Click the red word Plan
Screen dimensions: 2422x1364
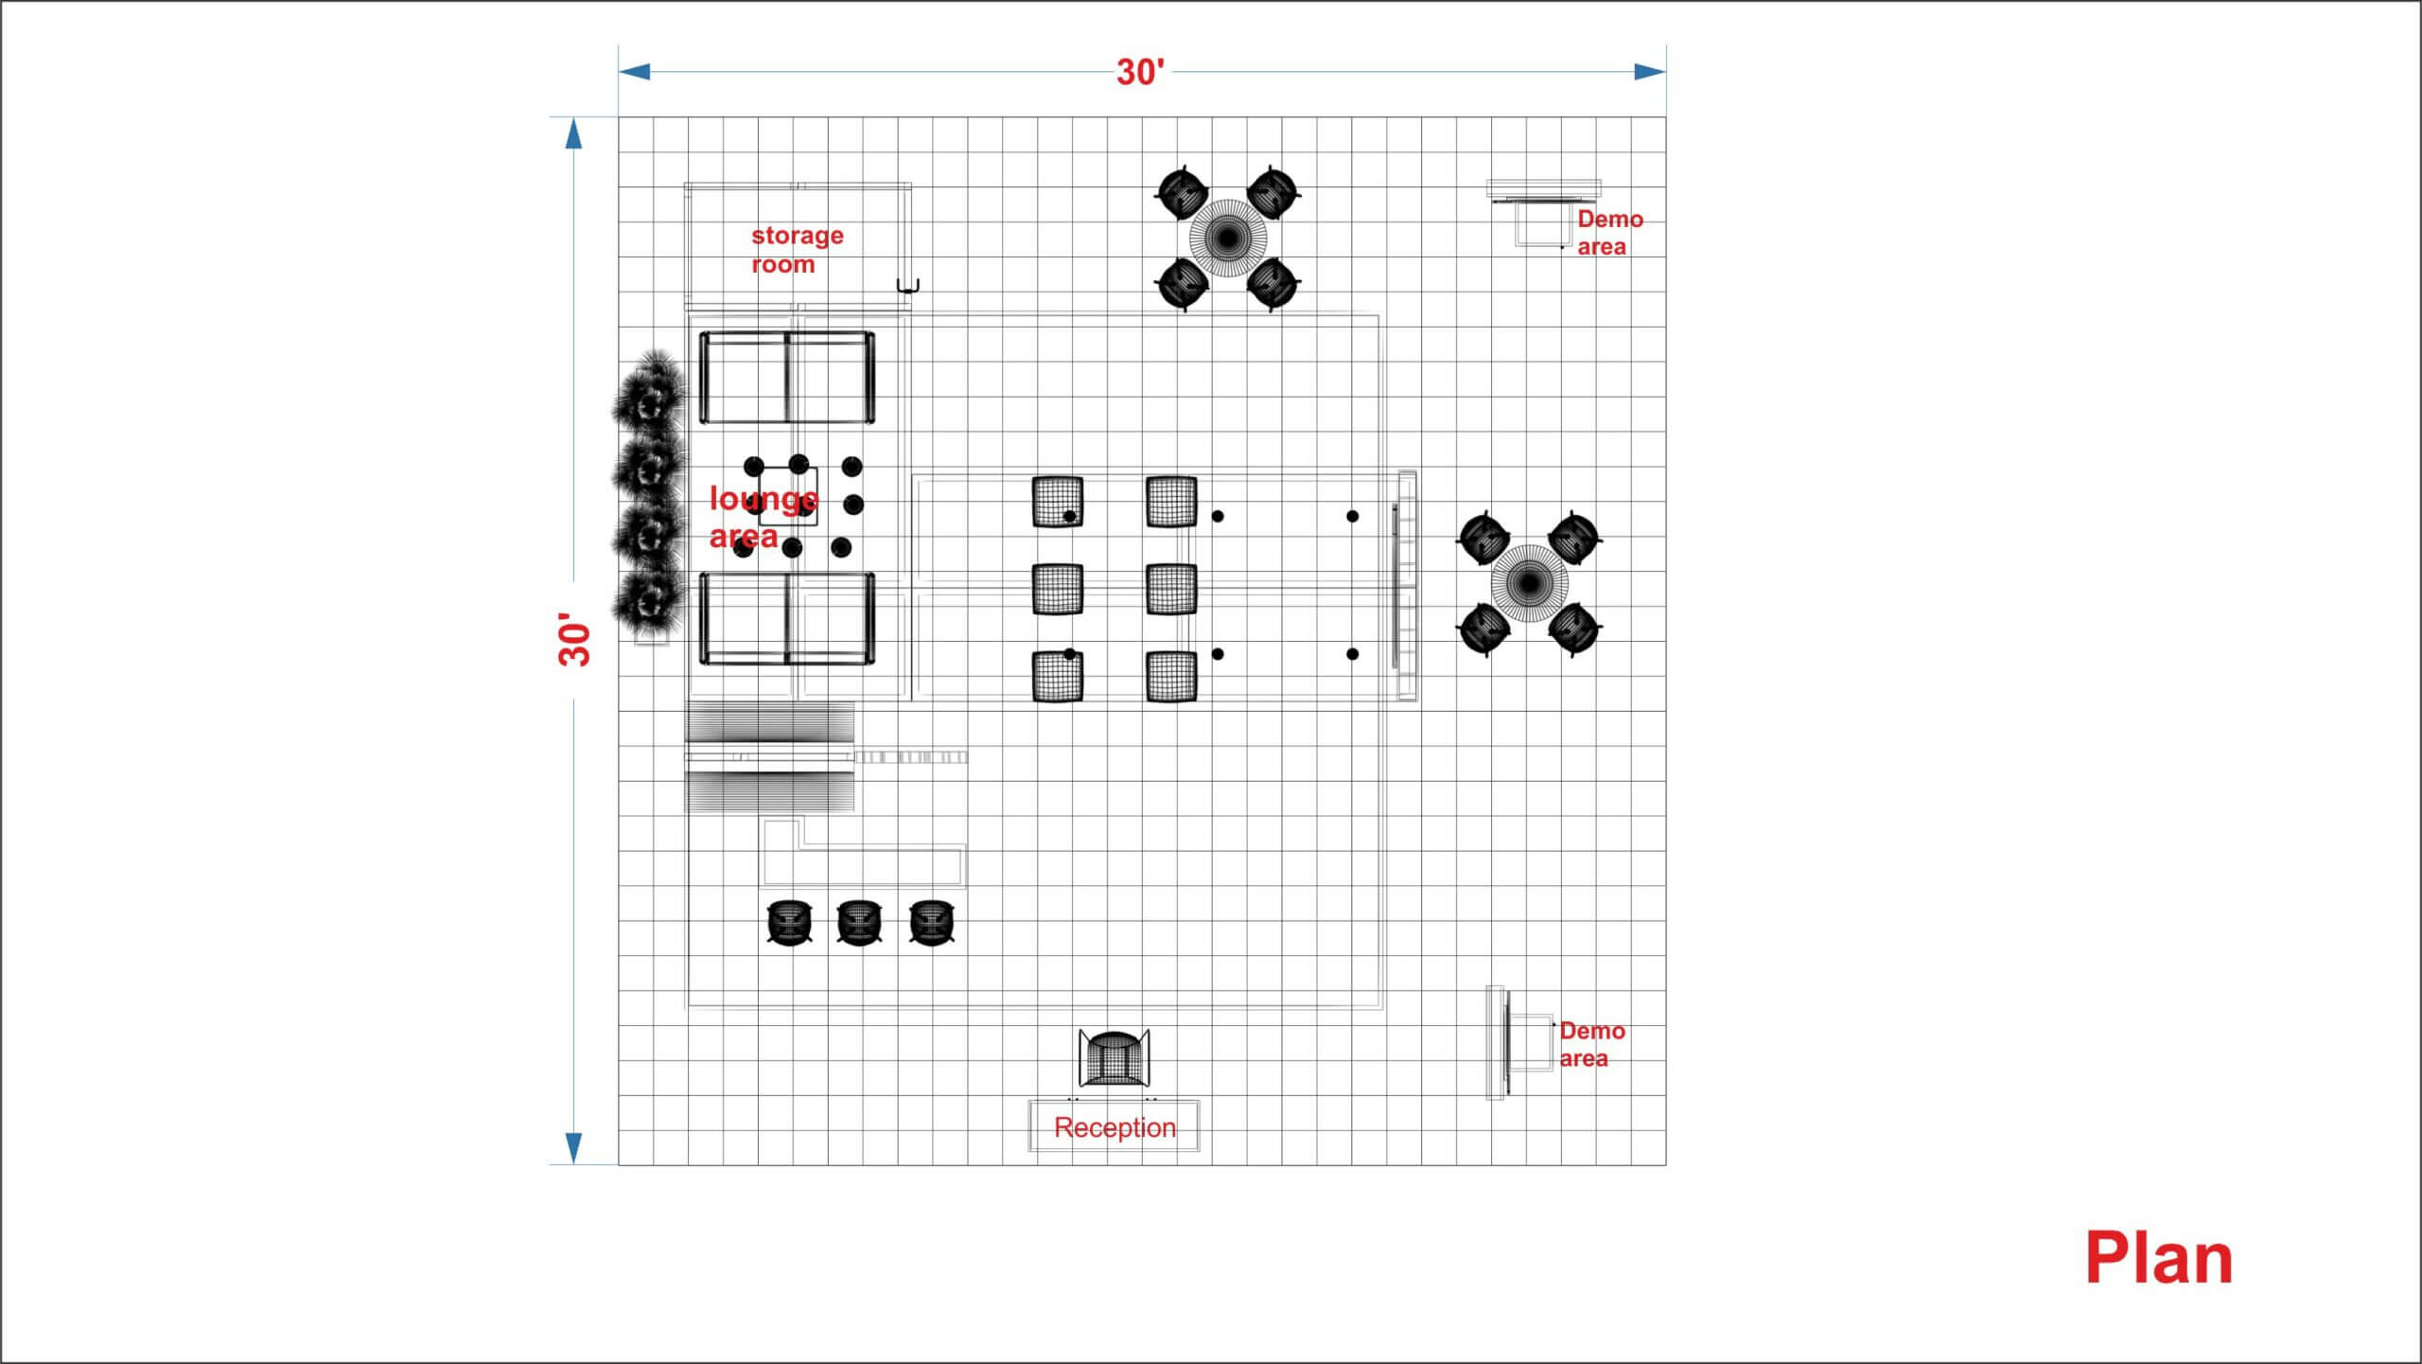click(x=2158, y=1258)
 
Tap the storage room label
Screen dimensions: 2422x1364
click(x=797, y=250)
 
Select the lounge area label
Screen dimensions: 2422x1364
click(x=763, y=517)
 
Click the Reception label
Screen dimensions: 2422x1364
click(x=1114, y=1127)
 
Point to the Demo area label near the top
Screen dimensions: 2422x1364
click(x=1609, y=233)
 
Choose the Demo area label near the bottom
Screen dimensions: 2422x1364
click(x=1591, y=1045)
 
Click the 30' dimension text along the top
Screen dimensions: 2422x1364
click(x=1141, y=72)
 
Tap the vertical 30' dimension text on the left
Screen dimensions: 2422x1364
click(x=574, y=639)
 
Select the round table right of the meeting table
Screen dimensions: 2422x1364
click(x=1529, y=583)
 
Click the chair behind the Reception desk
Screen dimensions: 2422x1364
click(x=1114, y=1058)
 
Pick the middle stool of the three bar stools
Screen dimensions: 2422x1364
click(x=859, y=922)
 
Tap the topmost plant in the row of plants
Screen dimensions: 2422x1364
click(x=649, y=390)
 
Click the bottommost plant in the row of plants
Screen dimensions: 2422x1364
click(x=648, y=600)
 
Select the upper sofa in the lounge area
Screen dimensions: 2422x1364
click(x=787, y=378)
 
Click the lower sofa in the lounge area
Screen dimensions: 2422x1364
click(x=787, y=618)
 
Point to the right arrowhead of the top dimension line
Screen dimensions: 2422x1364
click(x=1650, y=72)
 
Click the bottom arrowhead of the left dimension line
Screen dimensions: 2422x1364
click(x=573, y=1147)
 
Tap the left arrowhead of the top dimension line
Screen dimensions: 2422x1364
click(x=634, y=72)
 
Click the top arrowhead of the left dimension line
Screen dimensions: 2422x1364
click(x=573, y=133)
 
